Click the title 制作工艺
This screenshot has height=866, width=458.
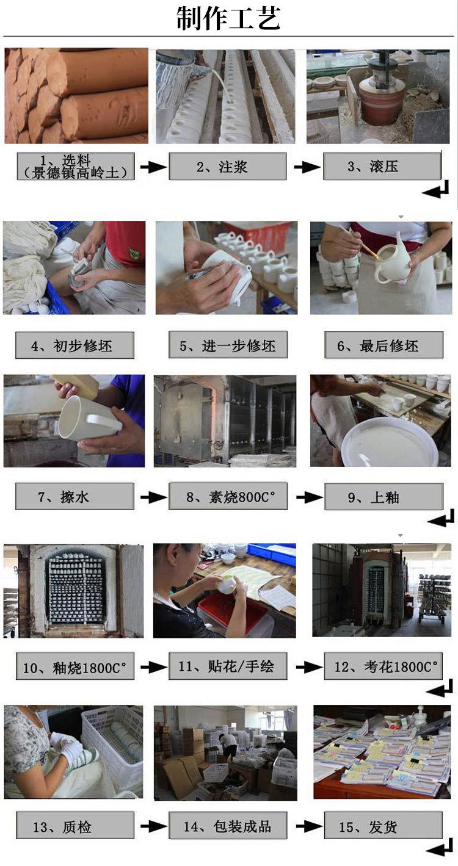click(x=228, y=18)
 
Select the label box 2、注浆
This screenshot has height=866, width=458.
click(x=227, y=166)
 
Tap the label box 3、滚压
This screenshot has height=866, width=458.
click(x=382, y=166)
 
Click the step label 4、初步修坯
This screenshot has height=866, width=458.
click(x=75, y=345)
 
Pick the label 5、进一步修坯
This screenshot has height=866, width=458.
click(x=228, y=345)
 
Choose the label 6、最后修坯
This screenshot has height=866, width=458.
click(x=383, y=345)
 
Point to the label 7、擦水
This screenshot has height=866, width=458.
click(x=75, y=496)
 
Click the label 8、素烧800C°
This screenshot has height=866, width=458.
click(x=228, y=496)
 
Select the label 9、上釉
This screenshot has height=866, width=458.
click(x=383, y=497)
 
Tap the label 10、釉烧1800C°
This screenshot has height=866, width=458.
click(x=75, y=666)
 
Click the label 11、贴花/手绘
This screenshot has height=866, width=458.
click(x=228, y=666)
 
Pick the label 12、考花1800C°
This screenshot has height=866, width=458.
click(x=383, y=666)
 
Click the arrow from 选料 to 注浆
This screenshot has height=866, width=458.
click(x=153, y=167)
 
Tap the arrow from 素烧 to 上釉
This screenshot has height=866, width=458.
click(x=309, y=497)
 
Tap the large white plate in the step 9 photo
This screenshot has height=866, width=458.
click(x=389, y=442)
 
